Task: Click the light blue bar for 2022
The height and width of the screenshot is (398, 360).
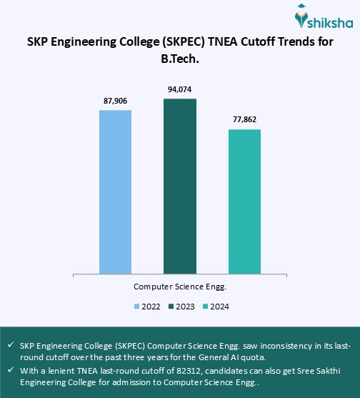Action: pos(115,191)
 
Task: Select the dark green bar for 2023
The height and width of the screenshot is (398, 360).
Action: pos(179,186)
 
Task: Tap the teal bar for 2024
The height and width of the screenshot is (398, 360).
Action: pos(244,202)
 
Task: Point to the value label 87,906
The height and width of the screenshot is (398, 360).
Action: pos(115,101)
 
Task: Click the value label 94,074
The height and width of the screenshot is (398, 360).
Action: pos(179,89)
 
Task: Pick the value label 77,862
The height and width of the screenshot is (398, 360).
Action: pos(244,120)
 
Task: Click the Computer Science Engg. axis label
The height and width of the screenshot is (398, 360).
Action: pos(179,286)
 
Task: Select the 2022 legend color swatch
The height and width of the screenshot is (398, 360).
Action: pos(136,307)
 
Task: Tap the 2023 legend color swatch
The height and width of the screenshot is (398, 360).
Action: pos(171,307)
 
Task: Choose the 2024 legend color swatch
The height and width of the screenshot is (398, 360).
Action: pos(206,307)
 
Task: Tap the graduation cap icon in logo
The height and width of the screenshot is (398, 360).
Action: pos(304,11)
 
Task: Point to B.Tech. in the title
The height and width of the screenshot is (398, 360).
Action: pos(179,59)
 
